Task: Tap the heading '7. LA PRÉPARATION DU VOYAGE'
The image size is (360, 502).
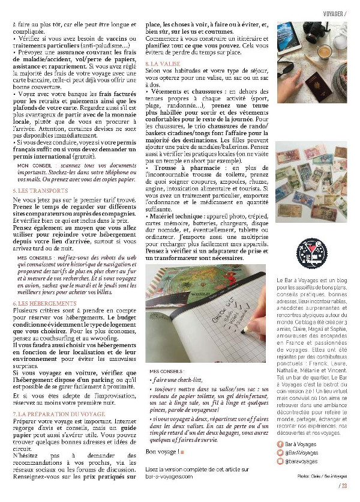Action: coord(52,414)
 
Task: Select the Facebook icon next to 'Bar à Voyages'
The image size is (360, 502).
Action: coord(280,443)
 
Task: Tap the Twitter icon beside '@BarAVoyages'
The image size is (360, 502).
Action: coord(280,452)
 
